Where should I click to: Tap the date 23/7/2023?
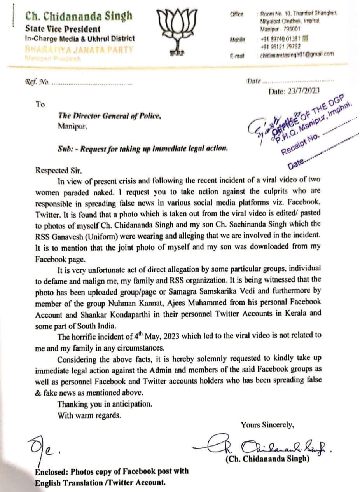294,91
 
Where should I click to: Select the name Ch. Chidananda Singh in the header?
79,16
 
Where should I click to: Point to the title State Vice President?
63,29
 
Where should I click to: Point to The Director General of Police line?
109,116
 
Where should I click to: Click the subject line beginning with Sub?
143,148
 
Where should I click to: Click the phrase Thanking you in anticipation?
102,404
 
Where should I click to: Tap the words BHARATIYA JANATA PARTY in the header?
79,49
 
